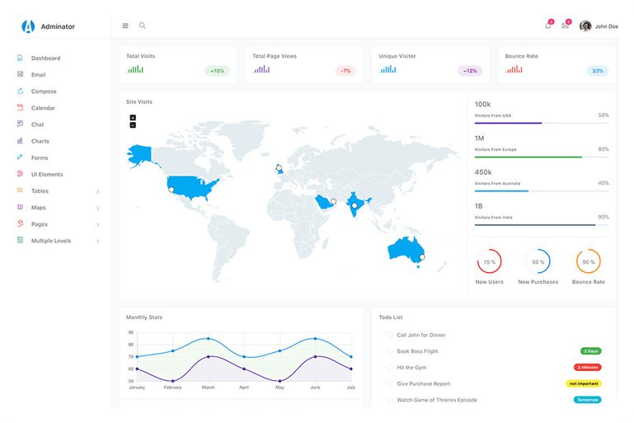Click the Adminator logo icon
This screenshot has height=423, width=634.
click(29, 26)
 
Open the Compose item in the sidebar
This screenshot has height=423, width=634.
click(44, 92)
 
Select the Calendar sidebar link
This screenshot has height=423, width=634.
click(43, 108)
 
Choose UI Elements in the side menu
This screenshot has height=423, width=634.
click(47, 175)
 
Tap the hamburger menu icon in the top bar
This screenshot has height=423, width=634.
click(125, 26)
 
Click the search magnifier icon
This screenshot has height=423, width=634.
click(143, 26)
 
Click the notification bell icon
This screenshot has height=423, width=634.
click(547, 26)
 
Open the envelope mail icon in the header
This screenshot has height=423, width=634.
click(565, 26)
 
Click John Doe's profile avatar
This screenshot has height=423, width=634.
click(585, 26)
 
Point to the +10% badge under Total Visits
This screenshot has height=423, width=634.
click(217, 71)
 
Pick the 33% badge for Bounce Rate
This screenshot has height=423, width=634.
click(598, 71)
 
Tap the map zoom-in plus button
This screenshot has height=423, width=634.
click(133, 118)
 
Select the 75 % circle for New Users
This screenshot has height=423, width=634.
click(489, 262)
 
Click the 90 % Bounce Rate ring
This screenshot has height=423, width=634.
click(588, 262)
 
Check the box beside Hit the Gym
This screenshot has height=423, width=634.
click(389, 367)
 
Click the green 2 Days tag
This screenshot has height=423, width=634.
click(590, 351)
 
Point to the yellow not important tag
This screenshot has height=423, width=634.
click(584, 383)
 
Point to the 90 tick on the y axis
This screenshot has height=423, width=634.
click(130, 332)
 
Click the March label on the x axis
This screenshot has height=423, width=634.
click(208, 388)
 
